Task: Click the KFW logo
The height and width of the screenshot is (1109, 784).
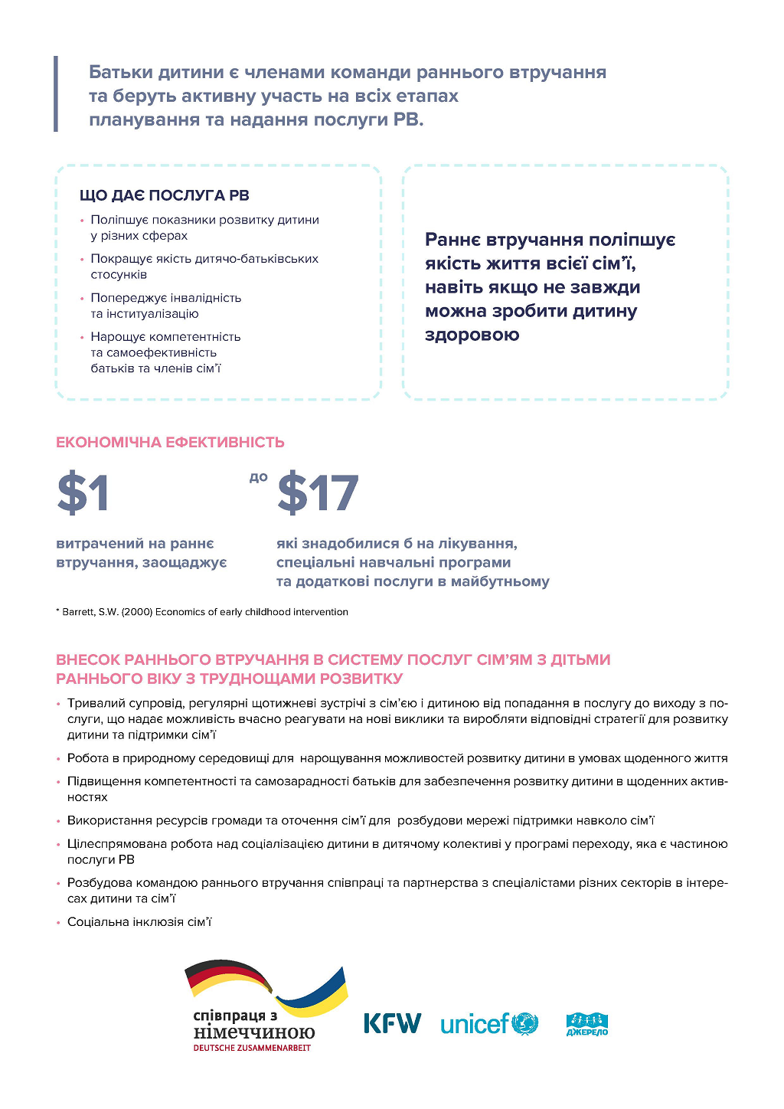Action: click(x=392, y=1023)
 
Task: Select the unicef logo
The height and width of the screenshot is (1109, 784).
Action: click(x=489, y=1023)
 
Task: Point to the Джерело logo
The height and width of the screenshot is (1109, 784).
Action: click(x=586, y=1024)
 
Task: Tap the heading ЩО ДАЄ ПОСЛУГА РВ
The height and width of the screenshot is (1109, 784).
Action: click(x=165, y=195)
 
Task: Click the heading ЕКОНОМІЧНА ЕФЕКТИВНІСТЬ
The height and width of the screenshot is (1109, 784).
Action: click(x=170, y=442)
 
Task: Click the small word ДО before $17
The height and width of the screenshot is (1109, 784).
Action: click(x=259, y=477)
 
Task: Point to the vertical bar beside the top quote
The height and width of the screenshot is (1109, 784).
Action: click(x=56, y=93)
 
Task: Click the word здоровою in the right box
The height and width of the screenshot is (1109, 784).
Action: click(x=472, y=335)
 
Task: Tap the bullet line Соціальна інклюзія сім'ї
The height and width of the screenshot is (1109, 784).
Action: click(x=139, y=922)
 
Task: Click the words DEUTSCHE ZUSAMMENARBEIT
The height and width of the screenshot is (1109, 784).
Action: click(x=252, y=1048)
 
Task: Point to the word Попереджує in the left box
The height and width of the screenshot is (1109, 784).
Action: click(x=128, y=298)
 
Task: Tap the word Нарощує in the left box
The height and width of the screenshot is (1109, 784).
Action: click(x=118, y=337)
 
